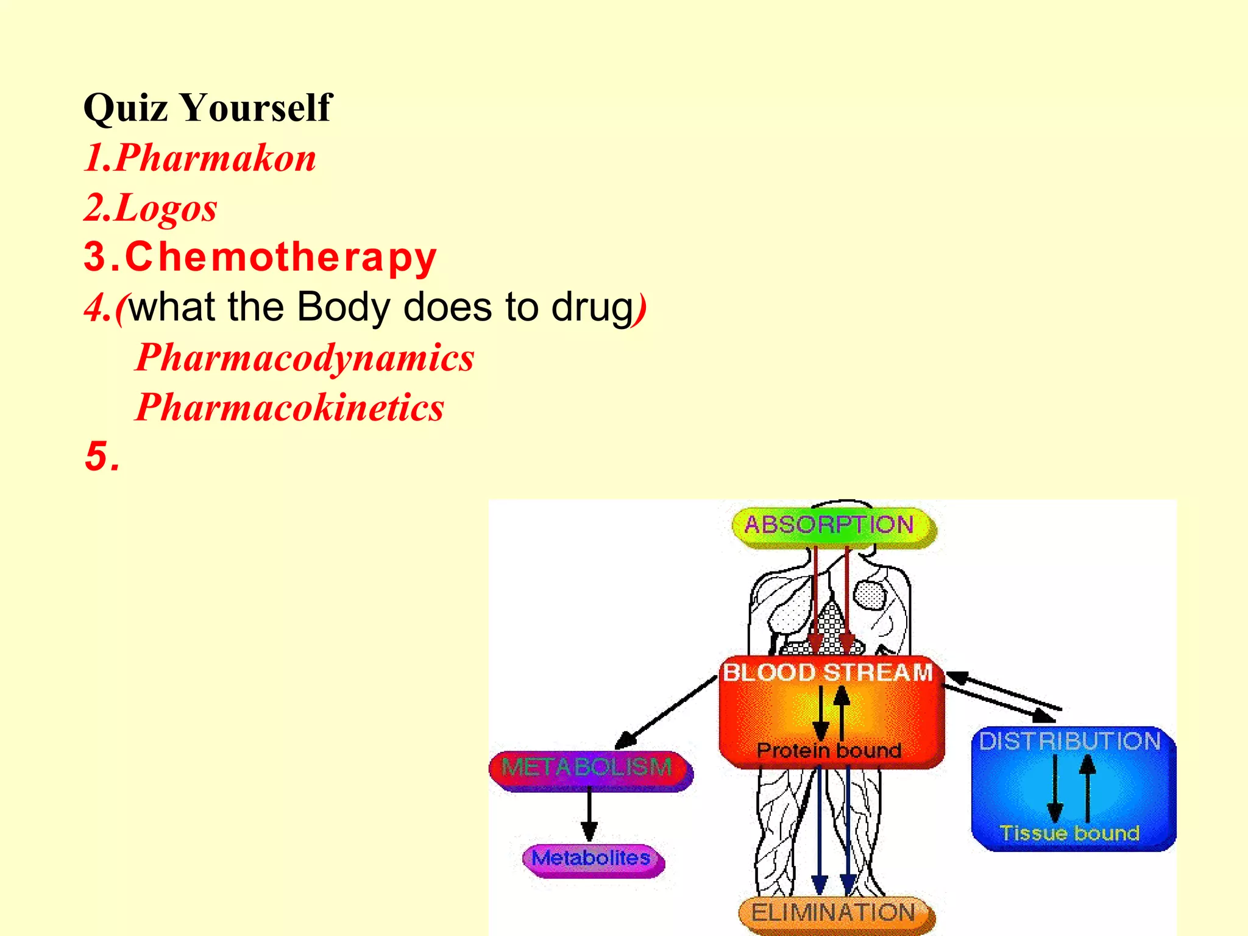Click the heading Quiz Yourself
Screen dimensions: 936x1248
click(x=207, y=108)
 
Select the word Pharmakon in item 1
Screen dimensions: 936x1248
click(x=215, y=158)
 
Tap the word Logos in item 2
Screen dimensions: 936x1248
click(x=166, y=208)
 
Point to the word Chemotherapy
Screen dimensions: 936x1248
click(x=281, y=257)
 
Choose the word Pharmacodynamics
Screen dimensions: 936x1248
click(x=305, y=357)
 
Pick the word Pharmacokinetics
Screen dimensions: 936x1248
click(x=290, y=407)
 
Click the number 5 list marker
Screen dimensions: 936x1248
click(x=97, y=456)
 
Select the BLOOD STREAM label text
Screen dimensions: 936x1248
click(x=828, y=673)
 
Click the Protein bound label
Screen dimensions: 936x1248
click(x=829, y=750)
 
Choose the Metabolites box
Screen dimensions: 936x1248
click(x=592, y=859)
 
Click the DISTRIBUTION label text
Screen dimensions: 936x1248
click(x=1070, y=742)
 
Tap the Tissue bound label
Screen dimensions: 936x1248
click(x=1069, y=833)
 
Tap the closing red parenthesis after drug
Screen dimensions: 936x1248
click(x=640, y=308)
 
